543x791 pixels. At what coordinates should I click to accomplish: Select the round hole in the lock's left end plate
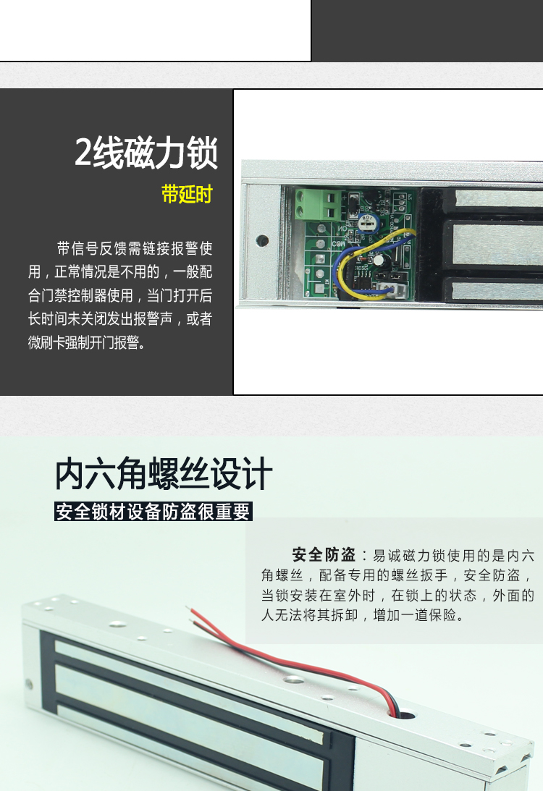[262, 240]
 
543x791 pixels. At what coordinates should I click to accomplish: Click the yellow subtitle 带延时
[187, 194]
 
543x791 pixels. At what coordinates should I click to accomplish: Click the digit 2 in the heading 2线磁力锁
[83, 152]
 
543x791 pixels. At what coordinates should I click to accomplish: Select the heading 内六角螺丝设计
[164, 474]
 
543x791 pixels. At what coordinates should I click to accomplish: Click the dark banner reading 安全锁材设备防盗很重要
[153, 511]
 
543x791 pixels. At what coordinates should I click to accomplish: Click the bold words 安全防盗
[324, 555]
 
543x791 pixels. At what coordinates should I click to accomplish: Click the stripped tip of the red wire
[188, 610]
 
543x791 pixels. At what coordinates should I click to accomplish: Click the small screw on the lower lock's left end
[29, 685]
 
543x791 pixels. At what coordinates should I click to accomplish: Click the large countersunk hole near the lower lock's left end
[118, 624]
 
